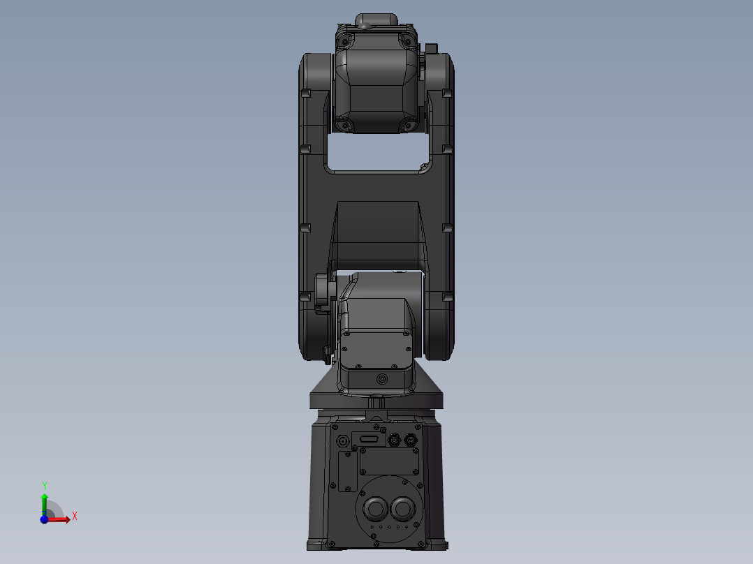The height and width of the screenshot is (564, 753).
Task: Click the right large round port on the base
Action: [402, 507]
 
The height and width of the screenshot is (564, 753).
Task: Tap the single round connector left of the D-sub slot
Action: [343, 441]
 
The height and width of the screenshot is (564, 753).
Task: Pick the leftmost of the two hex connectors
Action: [395, 440]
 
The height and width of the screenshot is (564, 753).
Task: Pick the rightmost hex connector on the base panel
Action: [410, 440]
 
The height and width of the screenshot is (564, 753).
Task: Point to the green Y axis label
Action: [44, 484]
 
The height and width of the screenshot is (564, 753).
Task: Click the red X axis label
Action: [75, 517]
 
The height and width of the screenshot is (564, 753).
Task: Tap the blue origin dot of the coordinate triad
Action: [44, 519]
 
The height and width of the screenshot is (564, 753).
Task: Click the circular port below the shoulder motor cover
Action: [381, 379]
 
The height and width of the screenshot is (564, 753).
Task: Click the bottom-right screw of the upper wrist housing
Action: [407, 126]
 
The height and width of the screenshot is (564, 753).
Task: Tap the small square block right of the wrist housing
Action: [431, 49]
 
